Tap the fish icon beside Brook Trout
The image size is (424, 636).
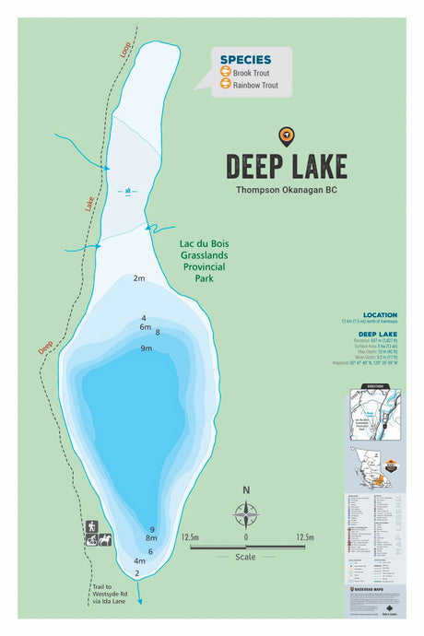click(x=224, y=72)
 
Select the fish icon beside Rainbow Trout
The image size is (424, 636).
click(x=224, y=86)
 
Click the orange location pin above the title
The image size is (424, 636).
click(x=286, y=137)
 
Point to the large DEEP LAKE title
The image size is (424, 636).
click(x=286, y=166)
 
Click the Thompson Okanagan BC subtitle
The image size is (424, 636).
click(x=286, y=190)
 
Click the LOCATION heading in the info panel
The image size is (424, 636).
click(x=380, y=314)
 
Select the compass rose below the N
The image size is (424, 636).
click(x=246, y=513)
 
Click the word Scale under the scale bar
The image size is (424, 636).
click(x=246, y=557)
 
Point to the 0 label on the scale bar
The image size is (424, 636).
click(x=246, y=536)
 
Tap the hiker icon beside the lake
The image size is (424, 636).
click(x=92, y=526)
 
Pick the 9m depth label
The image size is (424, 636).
click(x=146, y=348)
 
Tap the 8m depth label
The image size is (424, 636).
click(x=152, y=538)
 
